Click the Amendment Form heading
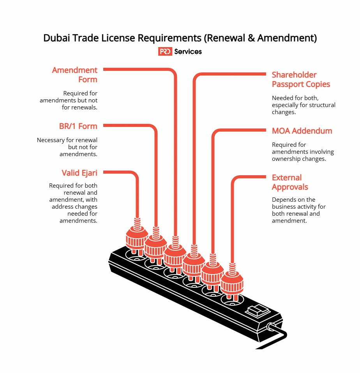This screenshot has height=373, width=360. (x=75, y=75)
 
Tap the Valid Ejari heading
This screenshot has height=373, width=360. (x=79, y=173)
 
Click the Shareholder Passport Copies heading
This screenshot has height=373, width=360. (x=301, y=79)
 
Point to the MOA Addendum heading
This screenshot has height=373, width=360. (x=302, y=131)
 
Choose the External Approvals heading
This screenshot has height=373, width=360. (x=290, y=182)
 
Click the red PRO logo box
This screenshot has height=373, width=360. (x=165, y=51)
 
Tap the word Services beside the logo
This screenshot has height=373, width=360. (x=188, y=51)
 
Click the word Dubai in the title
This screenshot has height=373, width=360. (x=55, y=38)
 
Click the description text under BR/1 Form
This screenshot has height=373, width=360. (x=67, y=147)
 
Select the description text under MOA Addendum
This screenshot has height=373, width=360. (x=303, y=152)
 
